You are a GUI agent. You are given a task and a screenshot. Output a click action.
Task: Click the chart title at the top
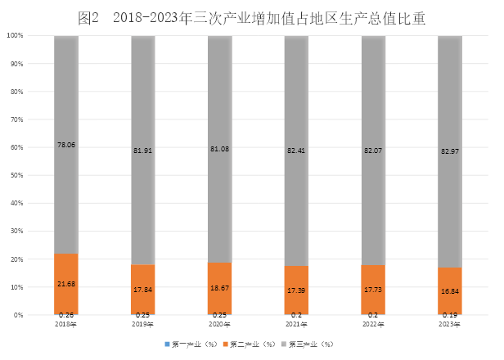(252, 18)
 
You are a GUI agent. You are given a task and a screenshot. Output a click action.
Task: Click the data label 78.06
(66, 144)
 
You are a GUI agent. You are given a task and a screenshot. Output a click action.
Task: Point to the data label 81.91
(143, 150)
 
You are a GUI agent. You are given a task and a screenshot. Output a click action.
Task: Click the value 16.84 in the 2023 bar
(449, 291)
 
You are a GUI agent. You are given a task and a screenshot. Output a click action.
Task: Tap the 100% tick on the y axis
(15, 36)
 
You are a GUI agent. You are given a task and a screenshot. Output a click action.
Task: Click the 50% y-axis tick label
(16, 175)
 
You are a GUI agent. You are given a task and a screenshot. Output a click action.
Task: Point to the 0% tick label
(18, 315)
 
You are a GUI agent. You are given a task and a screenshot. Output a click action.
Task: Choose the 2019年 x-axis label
(143, 324)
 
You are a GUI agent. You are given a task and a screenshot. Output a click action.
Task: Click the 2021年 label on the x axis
(296, 324)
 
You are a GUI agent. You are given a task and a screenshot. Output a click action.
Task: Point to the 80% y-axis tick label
(16, 92)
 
